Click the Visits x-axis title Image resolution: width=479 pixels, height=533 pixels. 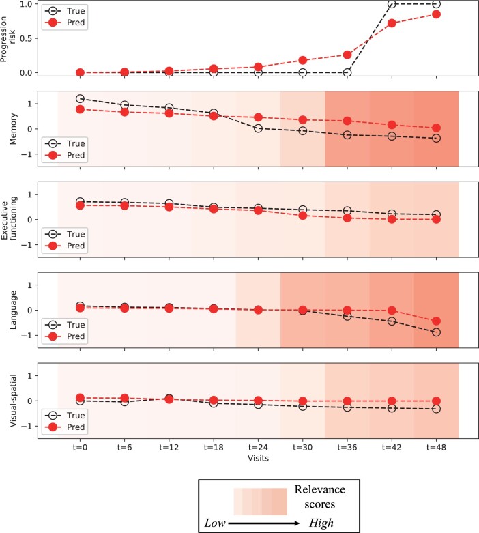pyautogui.click(x=258, y=459)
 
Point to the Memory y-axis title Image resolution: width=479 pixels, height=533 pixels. pyautogui.click(x=12, y=128)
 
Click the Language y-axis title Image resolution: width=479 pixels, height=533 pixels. pyautogui.click(x=12, y=309)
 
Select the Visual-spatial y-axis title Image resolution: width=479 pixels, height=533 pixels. pyautogui.click(x=12, y=400)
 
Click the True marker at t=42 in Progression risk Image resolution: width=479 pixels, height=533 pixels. pyautogui.click(x=392, y=4)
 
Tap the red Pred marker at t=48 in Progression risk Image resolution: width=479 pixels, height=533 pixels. pyautogui.click(x=436, y=14)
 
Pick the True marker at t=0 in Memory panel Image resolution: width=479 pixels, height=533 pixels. pyautogui.click(x=80, y=99)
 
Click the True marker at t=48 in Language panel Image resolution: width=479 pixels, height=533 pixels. pyautogui.click(x=436, y=332)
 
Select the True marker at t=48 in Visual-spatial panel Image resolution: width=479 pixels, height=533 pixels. pyautogui.click(x=436, y=409)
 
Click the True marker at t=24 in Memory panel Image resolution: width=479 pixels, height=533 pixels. pyautogui.click(x=258, y=128)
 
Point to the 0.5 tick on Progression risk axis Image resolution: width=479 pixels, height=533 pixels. pyautogui.click(x=27, y=38)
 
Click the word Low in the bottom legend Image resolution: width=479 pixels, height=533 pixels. pyautogui.click(x=216, y=522)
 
